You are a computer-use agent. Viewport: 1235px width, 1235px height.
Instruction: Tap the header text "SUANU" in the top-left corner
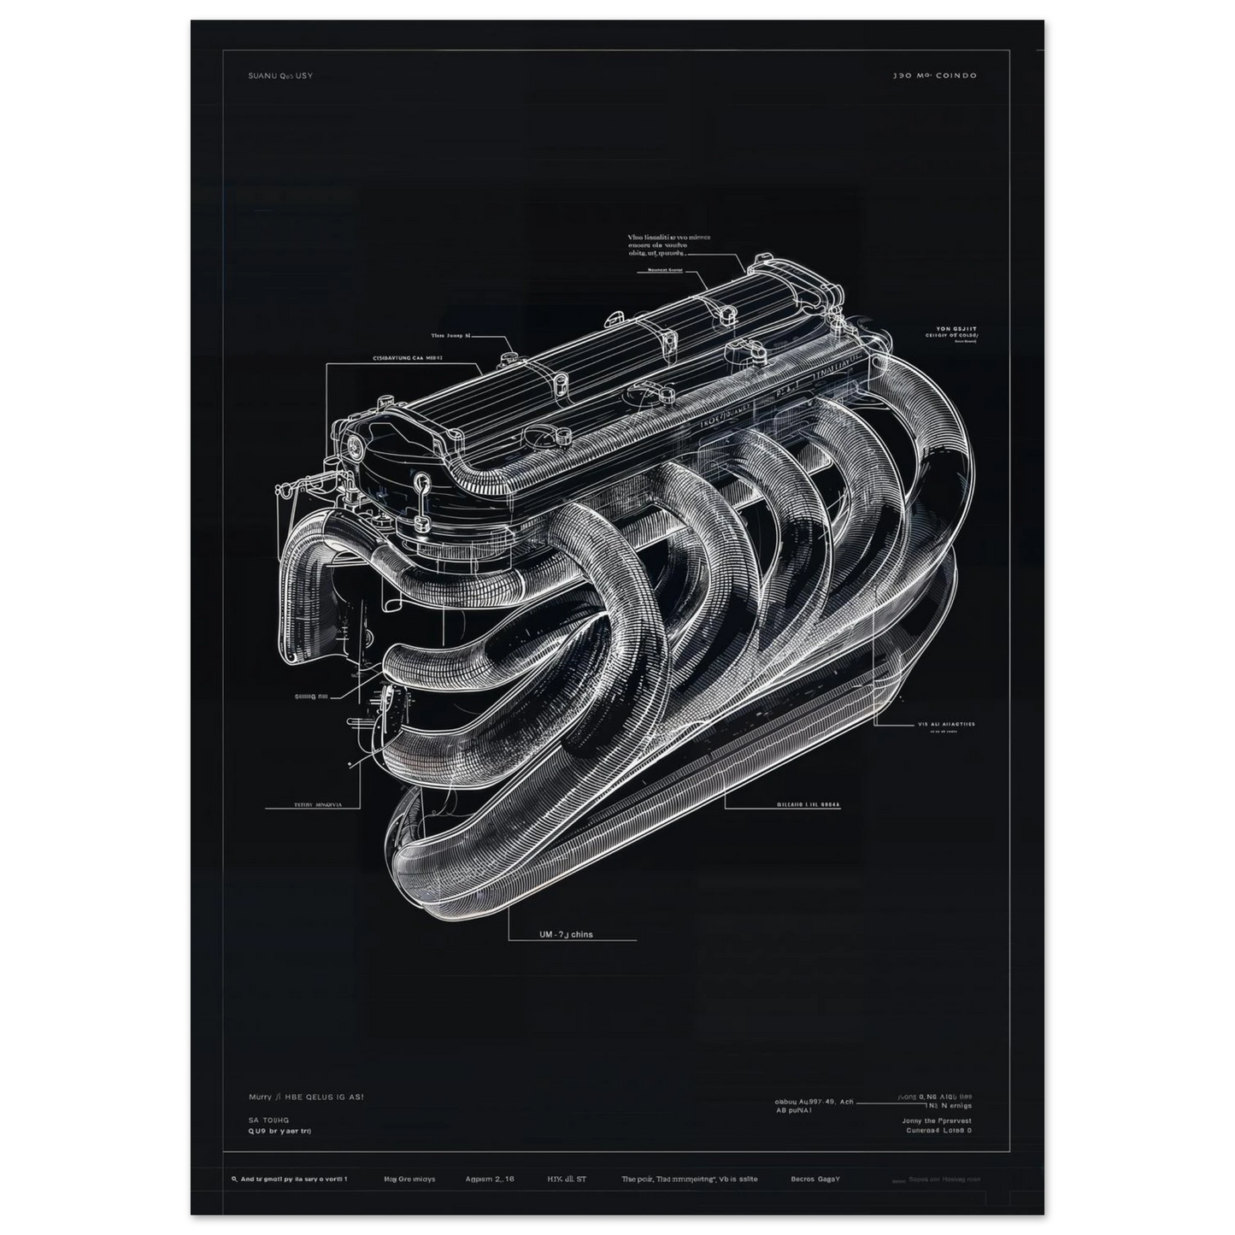tap(258, 76)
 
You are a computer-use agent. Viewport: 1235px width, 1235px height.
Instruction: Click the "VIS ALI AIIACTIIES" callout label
tap(946, 724)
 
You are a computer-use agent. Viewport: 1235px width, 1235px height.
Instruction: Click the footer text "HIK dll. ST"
tap(567, 1179)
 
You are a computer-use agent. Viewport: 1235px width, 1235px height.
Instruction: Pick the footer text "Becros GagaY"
tap(815, 1179)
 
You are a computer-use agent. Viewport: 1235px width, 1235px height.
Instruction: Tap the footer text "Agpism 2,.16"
tap(491, 1179)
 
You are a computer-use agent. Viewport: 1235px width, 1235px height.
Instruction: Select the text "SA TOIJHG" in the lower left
tap(268, 1119)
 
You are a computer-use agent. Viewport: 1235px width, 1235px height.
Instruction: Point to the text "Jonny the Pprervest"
tap(937, 1120)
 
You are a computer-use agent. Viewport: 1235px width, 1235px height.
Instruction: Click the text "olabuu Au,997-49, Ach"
tap(813, 1102)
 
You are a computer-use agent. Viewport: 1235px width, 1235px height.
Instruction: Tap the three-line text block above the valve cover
tap(669, 245)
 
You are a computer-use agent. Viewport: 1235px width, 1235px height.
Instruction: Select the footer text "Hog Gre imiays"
tap(409, 1179)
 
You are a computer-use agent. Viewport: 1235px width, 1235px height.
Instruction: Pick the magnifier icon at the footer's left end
tap(234, 1179)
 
